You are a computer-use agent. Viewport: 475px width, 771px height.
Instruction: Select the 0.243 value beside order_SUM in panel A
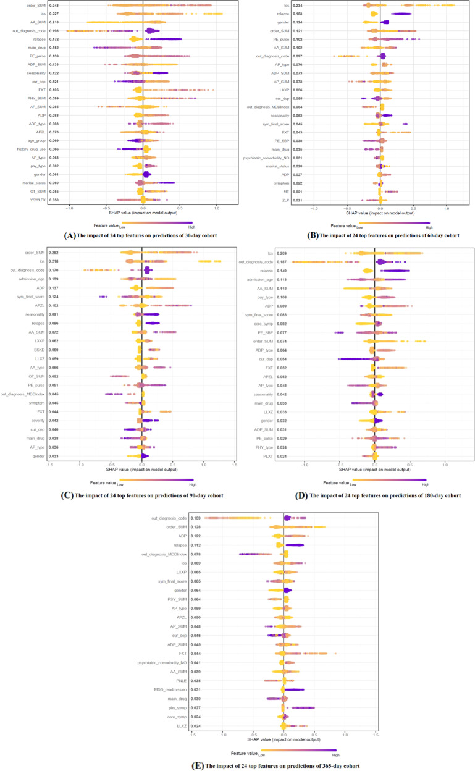click(x=54, y=6)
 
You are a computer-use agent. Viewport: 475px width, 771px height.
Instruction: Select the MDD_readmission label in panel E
click(x=168, y=689)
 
